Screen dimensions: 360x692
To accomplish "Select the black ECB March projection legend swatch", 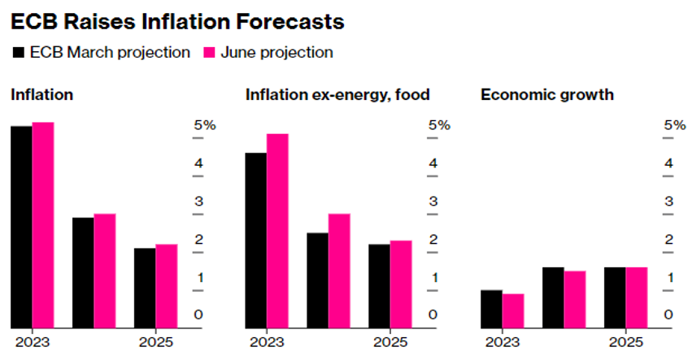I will pos(18,53).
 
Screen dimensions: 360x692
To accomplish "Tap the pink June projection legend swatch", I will pos(209,53).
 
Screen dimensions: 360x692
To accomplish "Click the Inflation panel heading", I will pos(41,95).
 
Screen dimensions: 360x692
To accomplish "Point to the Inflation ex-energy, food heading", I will pos(337,95).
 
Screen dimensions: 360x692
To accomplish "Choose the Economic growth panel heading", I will pos(546,95).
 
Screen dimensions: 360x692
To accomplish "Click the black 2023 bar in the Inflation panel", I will pos(21,227).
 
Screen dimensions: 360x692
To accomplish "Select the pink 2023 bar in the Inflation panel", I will pos(42,225).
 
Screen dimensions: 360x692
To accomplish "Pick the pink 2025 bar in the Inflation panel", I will pos(166,286).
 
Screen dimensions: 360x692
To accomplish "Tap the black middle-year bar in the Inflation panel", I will pos(83,272).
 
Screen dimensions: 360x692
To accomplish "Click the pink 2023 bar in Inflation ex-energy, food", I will pos(277,231).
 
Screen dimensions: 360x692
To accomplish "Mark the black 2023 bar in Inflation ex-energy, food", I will pos(256,241).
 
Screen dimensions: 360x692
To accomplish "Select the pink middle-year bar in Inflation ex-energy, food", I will pos(339,271).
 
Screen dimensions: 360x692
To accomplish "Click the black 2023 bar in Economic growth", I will pos(491,309).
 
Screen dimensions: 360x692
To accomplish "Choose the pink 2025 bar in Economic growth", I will pos(637,297).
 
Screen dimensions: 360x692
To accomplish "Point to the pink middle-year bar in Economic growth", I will pos(575,299).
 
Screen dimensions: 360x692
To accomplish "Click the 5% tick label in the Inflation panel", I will pos(204,125).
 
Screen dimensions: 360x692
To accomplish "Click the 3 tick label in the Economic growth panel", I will pos(669,202).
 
